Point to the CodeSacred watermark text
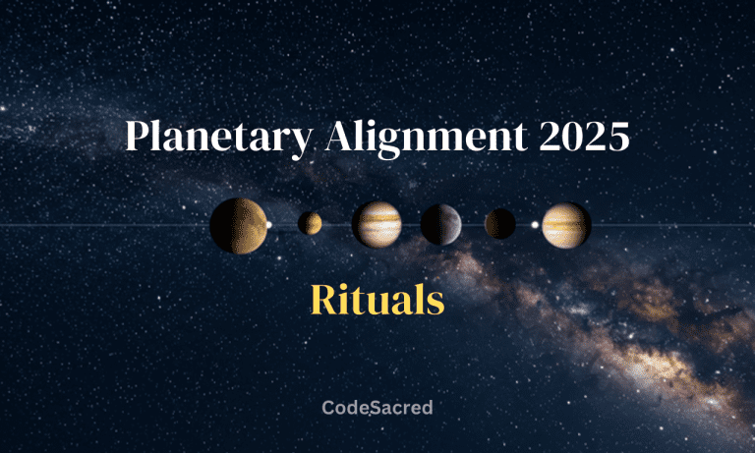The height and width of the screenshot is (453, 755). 377,407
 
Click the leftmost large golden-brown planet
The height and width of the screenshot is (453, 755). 238,225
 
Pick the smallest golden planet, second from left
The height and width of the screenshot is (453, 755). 310,224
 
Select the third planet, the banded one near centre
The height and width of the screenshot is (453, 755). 377,224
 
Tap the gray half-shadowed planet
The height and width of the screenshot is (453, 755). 440,224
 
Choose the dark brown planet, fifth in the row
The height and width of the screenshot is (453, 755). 500,224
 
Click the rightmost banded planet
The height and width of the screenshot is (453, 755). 566,224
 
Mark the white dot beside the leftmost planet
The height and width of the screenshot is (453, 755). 269,225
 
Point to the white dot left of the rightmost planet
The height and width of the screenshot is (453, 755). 535,225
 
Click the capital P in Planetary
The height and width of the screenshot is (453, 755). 137,137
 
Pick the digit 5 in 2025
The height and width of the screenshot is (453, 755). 616,137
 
